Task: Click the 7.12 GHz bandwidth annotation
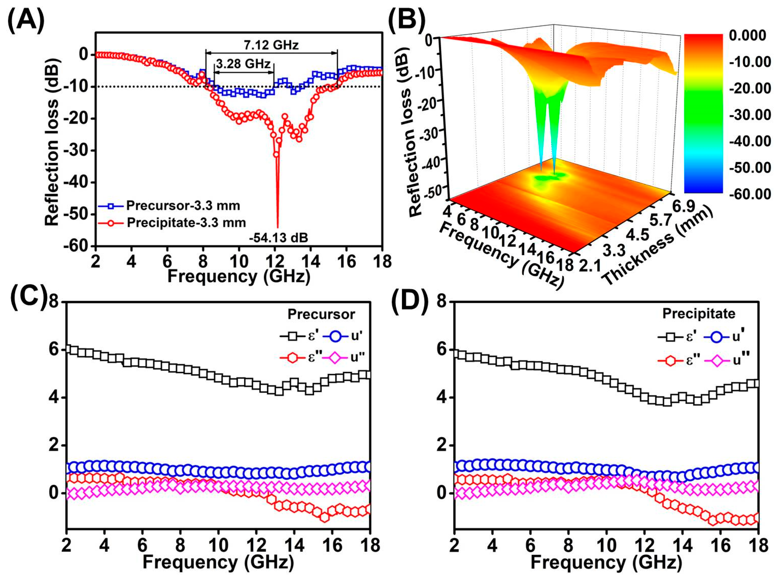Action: [x=271, y=45]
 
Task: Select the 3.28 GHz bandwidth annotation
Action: [x=243, y=64]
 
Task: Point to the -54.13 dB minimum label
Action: [x=279, y=238]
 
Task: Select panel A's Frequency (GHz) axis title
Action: [x=238, y=276]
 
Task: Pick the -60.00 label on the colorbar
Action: [x=750, y=194]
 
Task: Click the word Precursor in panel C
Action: [x=321, y=314]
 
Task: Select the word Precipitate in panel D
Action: [x=699, y=314]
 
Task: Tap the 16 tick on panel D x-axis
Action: [x=720, y=546]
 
